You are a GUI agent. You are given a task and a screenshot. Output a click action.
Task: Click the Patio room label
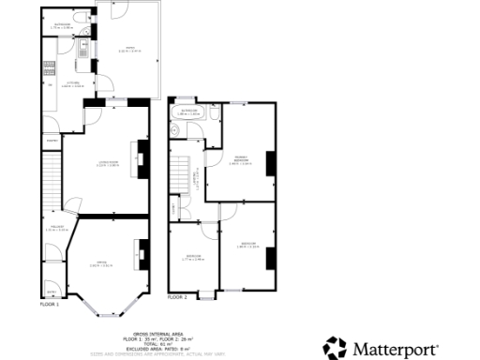(x=124, y=47)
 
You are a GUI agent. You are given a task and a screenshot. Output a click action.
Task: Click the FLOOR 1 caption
(x=49, y=305)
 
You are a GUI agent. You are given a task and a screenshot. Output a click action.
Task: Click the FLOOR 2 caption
(x=177, y=297)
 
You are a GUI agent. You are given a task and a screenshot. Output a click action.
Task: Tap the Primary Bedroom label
(x=240, y=160)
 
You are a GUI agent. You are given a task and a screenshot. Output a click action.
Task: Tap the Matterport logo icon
(x=336, y=348)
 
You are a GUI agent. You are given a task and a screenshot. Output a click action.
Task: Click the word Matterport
(x=395, y=349)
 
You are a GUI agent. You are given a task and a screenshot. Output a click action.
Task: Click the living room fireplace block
(x=143, y=154)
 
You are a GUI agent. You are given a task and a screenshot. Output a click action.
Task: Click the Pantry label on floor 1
(x=52, y=142)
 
